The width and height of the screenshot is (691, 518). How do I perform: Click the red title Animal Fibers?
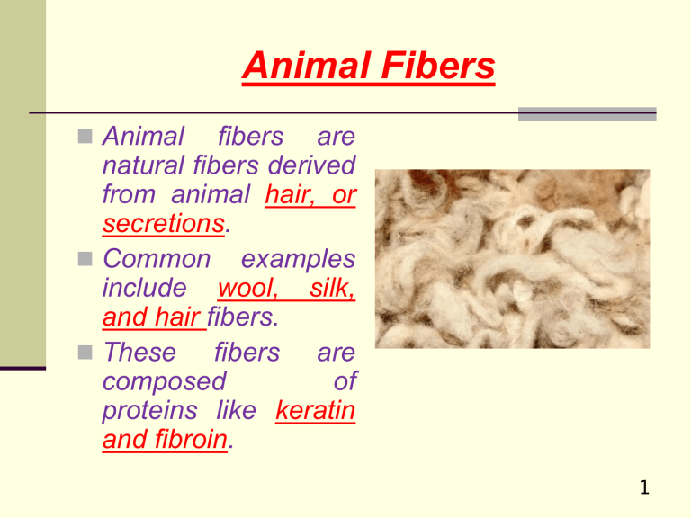click(368, 67)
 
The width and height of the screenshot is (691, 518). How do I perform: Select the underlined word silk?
click(332, 290)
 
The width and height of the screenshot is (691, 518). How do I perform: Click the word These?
click(139, 353)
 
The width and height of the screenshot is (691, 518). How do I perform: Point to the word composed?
click(165, 382)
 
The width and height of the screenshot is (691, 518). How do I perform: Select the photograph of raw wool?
click(512, 259)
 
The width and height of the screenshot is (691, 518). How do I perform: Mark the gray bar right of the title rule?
click(588, 113)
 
